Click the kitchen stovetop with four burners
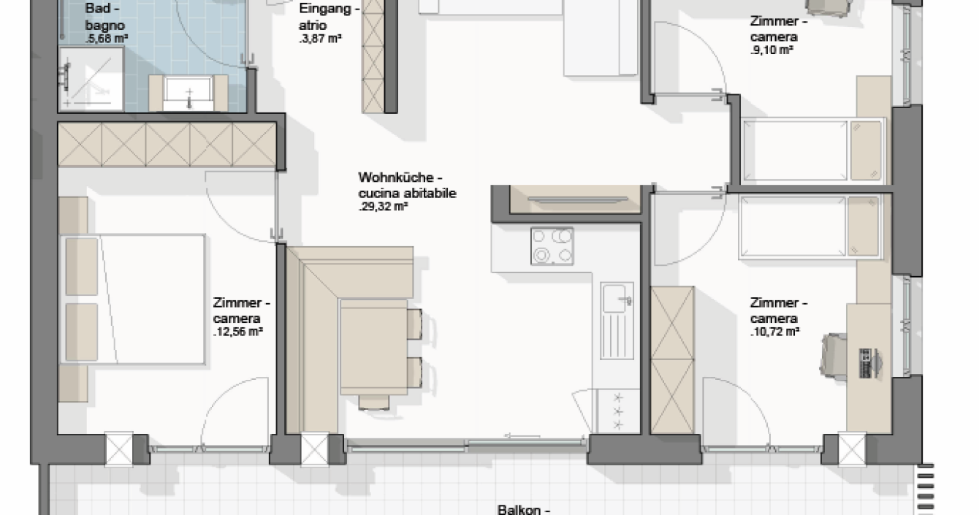click(x=552, y=246)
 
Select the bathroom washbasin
click(x=188, y=92)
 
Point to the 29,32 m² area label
click(x=384, y=207)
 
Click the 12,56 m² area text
click(x=237, y=332)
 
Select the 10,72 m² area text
click(x=775, y=332)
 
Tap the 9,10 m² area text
click(x=772, y=50)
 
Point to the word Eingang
click(x=324, y=8)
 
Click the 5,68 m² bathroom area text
click(x=107, y=39)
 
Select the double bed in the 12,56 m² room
click(x=132, y=300)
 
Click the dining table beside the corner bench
click(x=373, y=347)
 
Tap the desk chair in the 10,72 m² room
click(x=834, y=356)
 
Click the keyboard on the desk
click(x=865, y=363)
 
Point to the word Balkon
click(x=519, y=509)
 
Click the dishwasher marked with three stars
click(x=618, y=411)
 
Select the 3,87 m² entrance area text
click(x=320, y=39)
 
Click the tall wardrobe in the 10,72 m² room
click(x=672, y=360)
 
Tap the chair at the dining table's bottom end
click(x=373, y=402)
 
